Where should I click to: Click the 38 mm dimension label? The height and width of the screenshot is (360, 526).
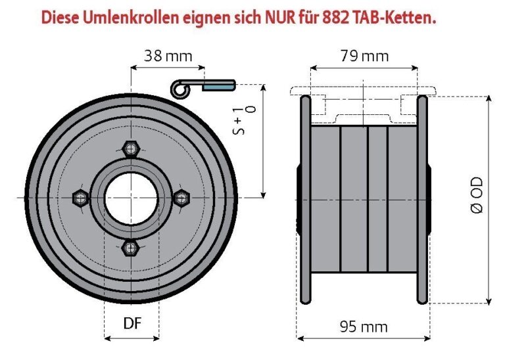click(x=168, y=56)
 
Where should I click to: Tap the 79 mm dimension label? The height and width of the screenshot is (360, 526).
click(x=364, y=56)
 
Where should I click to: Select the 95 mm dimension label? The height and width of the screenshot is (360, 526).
click(x=364, y=326)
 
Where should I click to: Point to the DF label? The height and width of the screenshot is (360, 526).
click(x=133, y=323)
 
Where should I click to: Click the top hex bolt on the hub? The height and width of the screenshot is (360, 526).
click(x=131, y=149)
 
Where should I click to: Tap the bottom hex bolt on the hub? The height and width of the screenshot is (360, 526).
click(x=131, y=247)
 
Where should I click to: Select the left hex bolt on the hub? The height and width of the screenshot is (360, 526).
click(x=82, y=198)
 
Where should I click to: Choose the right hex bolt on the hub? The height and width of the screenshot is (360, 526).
click(x=181, y=196)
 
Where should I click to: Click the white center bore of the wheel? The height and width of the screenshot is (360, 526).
click(x=131, y=198)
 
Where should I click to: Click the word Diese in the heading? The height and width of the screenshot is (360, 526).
click(x=60, y=18)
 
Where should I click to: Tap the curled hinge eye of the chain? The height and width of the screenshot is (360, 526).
click(x=178, y=86)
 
